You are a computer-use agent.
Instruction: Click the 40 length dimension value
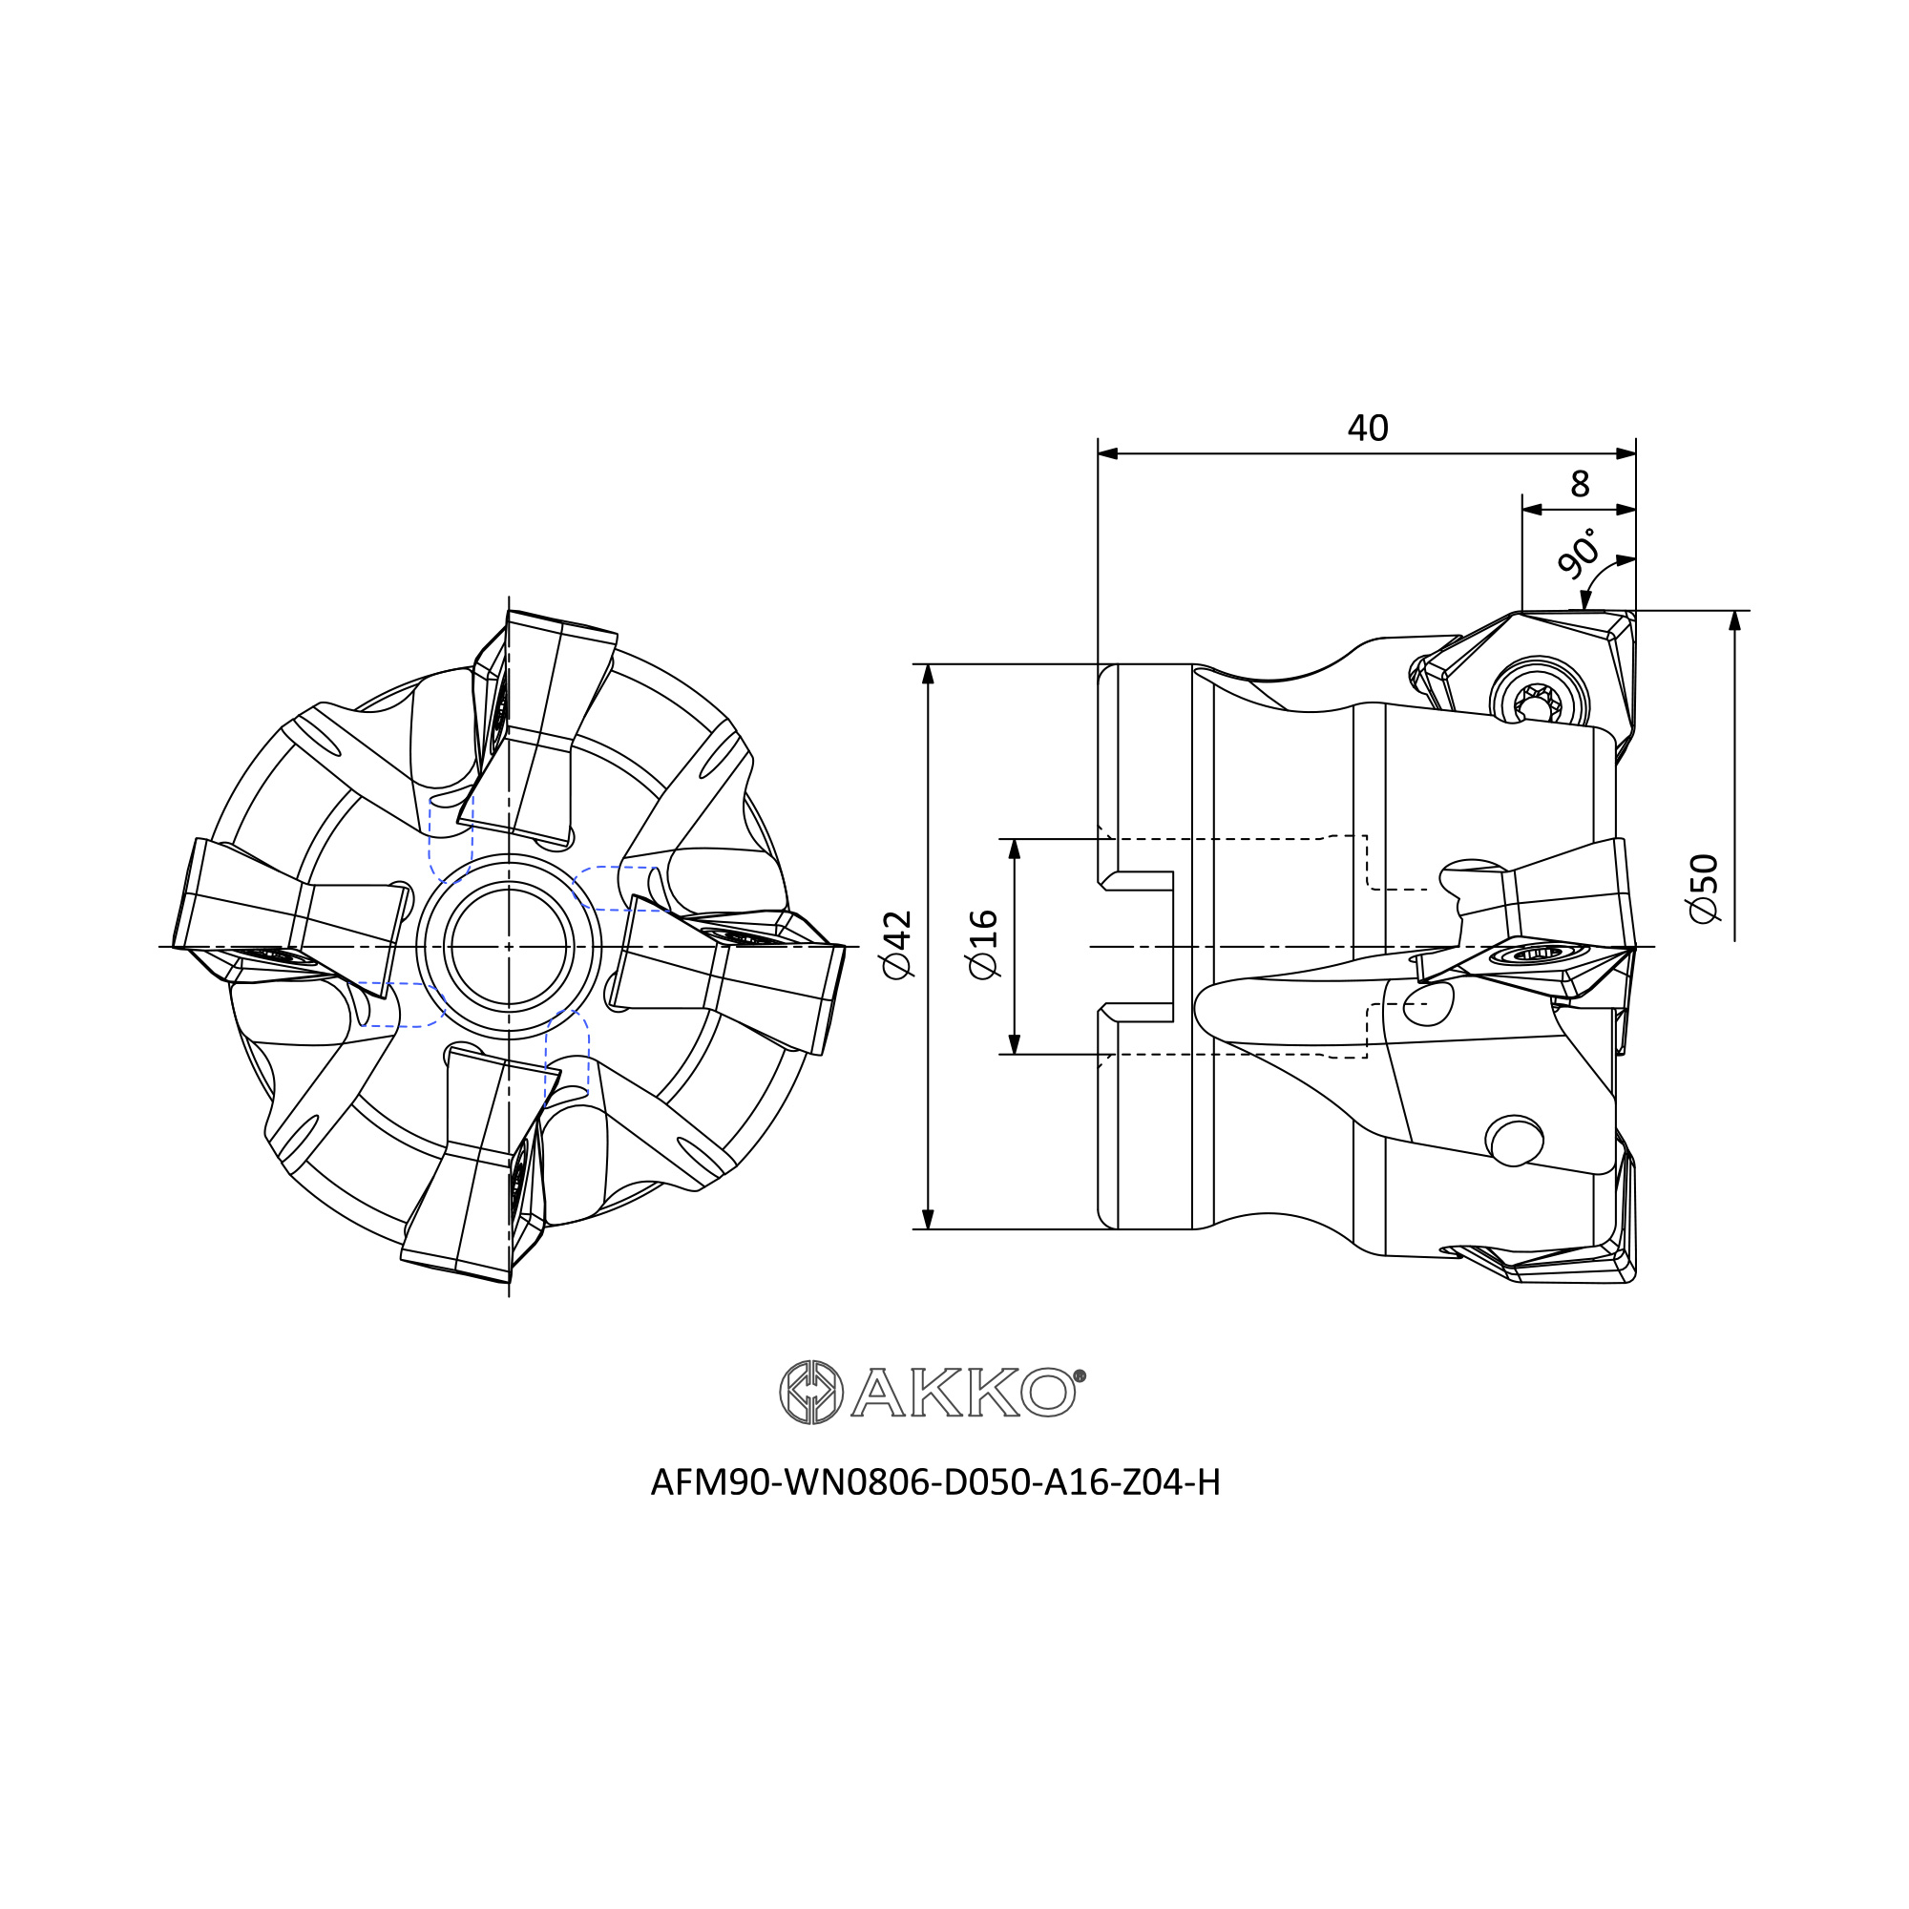1368,428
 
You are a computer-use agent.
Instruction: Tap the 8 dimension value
1580,483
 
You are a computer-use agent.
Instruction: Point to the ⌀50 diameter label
1705,889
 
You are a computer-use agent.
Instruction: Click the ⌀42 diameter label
898,945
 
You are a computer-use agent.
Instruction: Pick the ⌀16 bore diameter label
984,945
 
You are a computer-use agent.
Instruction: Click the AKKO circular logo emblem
811,1393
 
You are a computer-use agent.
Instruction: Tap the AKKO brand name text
968,1394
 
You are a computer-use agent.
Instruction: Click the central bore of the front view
509,947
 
